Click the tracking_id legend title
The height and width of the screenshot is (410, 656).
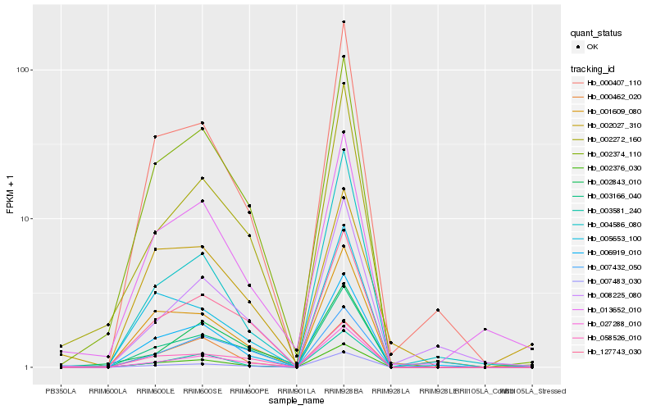coord(594,69)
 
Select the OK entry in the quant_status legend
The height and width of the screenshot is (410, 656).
coord(592,47)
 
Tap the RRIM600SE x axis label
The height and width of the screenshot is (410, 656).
coord(202,390)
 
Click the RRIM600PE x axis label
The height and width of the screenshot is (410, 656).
coord(249,390)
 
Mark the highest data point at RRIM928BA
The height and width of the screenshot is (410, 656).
coord(344,21)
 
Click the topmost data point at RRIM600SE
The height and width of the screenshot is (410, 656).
coord(202,123)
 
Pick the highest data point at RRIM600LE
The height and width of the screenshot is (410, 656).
coord(154,137)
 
